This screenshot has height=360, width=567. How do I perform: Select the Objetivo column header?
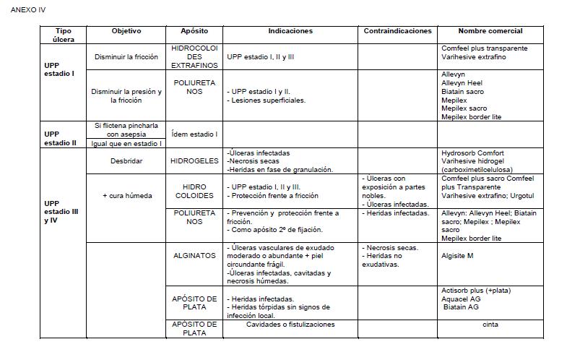click(126, 31)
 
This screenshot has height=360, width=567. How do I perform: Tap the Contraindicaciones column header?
click(397, 31)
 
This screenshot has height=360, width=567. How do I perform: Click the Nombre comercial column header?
click(490, 31)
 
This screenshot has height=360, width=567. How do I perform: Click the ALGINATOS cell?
click(194, 255)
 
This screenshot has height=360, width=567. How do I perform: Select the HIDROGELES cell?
click(194, 161)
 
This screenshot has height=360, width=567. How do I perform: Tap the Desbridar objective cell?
click(126, 161)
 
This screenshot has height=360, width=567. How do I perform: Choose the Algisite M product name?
click(458, 255)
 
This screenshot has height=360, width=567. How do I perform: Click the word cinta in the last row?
click(490, 325)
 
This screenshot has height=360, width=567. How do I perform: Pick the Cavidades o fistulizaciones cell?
click(290, 325)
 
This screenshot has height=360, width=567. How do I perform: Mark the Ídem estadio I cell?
click(194, 134)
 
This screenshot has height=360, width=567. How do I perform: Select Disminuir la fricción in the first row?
click(126, 56)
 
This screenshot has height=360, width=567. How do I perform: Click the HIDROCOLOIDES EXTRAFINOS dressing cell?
click(194, 56)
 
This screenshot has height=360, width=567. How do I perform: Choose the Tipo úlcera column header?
click(63, 35)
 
